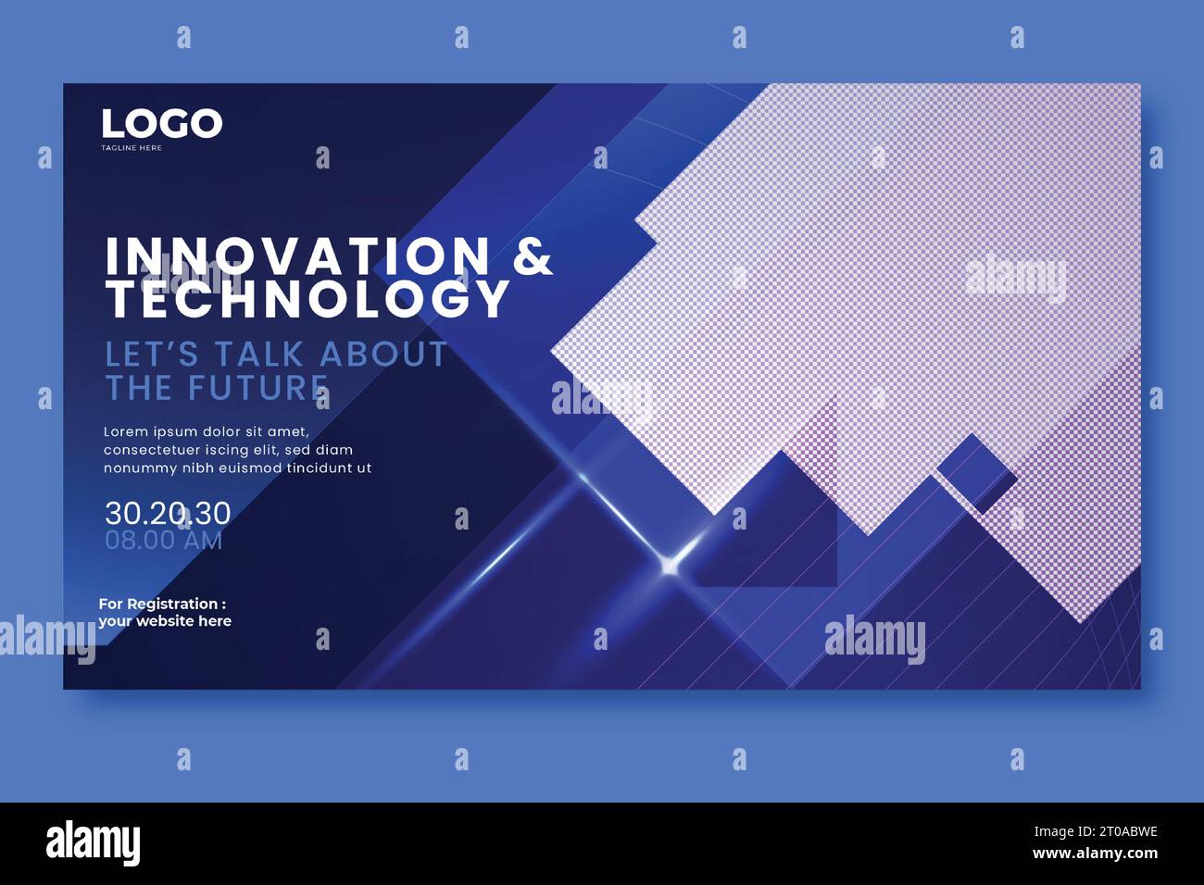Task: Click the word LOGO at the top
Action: click(161, 124)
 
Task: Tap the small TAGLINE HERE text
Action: click(132, 148)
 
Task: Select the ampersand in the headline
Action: click(533, 256)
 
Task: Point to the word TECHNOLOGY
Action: click(307, 298)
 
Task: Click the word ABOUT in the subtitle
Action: click(383, 355)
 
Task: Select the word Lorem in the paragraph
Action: click(124, 431)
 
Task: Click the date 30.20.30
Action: click(168, 513)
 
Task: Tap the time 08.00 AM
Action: click(164, 540)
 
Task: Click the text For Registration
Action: click(162, 604)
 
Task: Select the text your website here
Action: click(165, 621)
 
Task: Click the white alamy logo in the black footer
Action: click(94, 842)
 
